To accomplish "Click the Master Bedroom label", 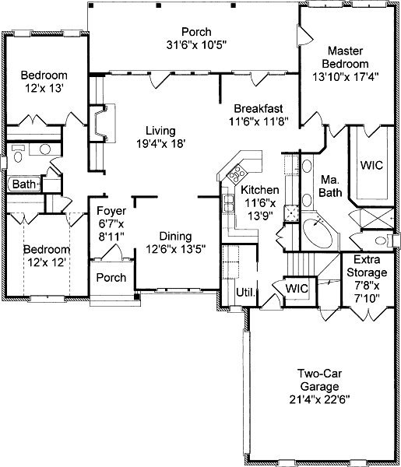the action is (345, 57).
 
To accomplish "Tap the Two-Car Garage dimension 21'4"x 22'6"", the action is (320, 399).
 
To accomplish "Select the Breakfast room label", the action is (259, 108).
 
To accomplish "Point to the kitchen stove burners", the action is (237, 174).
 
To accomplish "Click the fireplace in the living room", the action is (102, 123).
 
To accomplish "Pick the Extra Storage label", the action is (367, 266).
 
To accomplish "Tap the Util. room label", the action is (246, 292).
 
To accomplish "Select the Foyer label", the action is (111, 211).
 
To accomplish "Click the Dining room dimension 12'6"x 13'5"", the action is (176, 249).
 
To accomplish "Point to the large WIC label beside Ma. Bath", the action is (371, 165).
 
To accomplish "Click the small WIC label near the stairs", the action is (297, 288).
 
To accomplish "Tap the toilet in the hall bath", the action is (18, 153).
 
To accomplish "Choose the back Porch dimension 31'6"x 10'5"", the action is (197, 45).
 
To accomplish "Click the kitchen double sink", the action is (228, 203).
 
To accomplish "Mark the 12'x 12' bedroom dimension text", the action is (47, 262).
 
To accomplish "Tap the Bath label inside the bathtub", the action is (24, 184).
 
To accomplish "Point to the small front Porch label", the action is (111, 278).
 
